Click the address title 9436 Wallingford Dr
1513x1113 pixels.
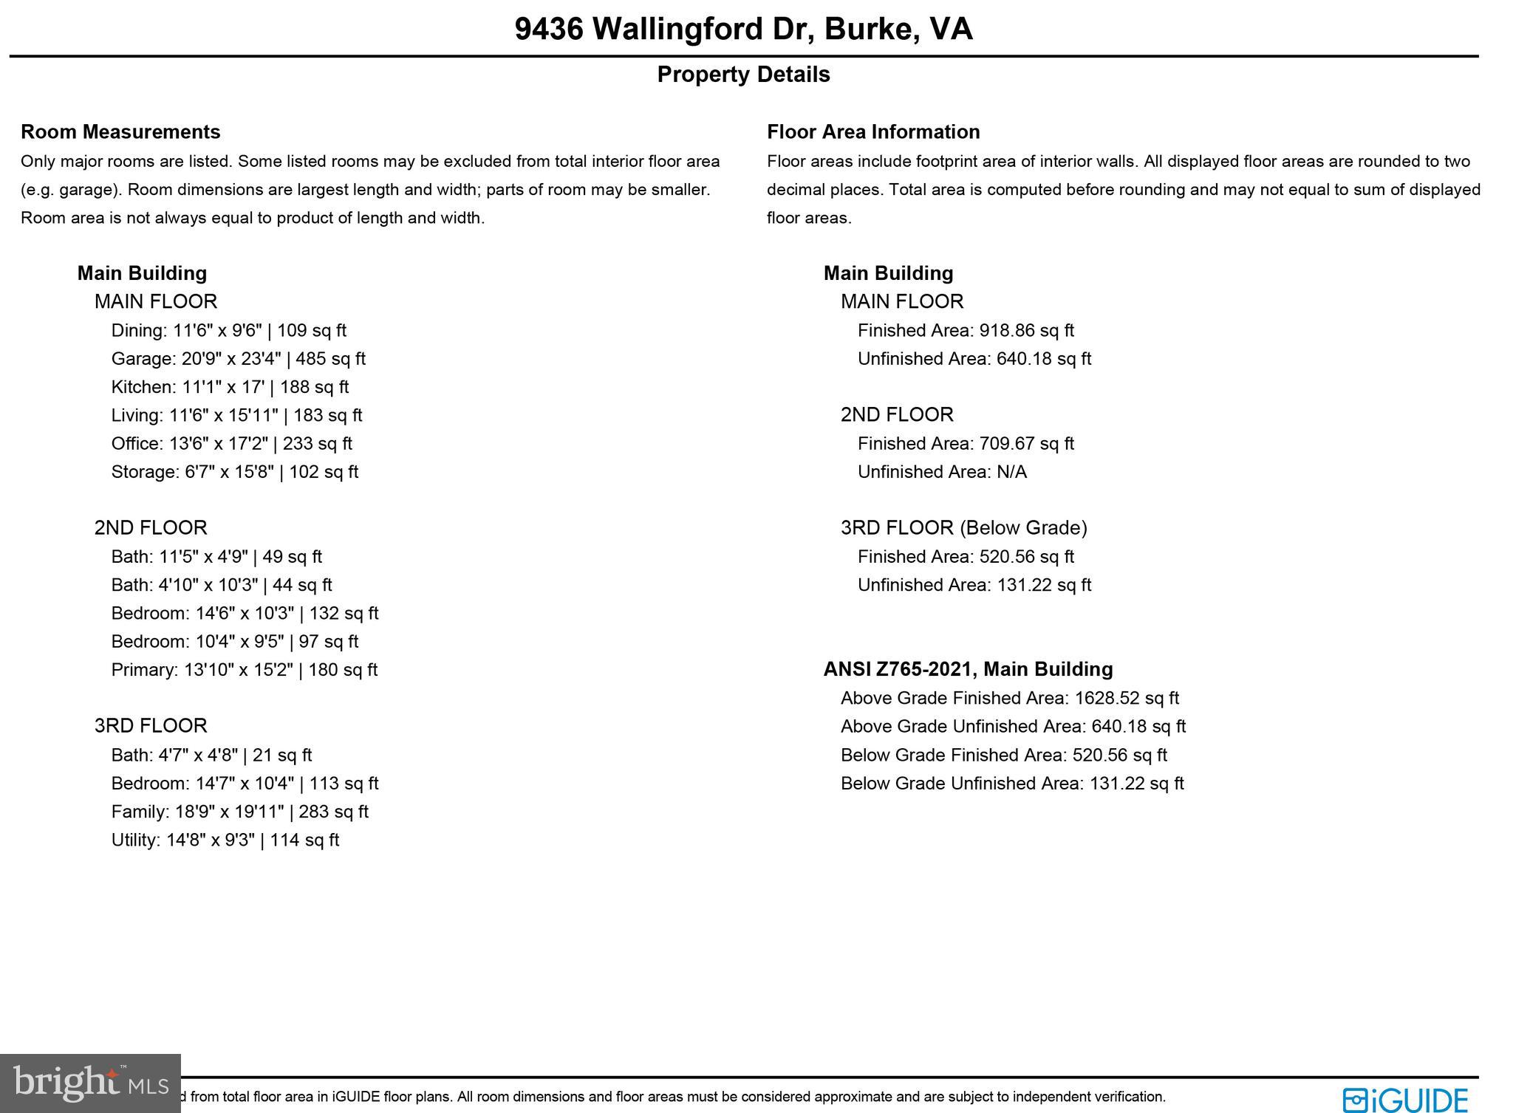[x=743, y=30]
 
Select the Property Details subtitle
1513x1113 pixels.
[x=743, y=75]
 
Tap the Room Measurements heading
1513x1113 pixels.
[x=120, y=131]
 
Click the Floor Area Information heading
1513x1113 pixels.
[x=873, y=131]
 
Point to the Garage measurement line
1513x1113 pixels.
[x=238, y=359]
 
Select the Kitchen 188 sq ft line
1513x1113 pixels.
[x=230, y=387]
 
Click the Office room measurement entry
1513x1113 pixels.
[x=231, y=444]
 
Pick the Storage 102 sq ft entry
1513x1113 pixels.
[x=234, y=472]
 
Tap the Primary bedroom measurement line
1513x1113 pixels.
[x=244, y=670]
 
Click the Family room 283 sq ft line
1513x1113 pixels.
[x=239, y=812]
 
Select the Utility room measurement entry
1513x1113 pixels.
[x=225, y=840]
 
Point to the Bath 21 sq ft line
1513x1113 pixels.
[x=211, y=755]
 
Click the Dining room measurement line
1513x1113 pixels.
[x=228, y=331]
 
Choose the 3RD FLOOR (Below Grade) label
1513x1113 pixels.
[x=963, y=528]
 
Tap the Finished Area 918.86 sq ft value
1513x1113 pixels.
[x=966, y=331]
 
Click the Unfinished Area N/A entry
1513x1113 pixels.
[x=942, y=472]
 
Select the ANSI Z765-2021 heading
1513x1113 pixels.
[x=968, y=669]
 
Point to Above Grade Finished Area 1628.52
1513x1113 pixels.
[x=1009, y=698]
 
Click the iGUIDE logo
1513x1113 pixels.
[x=1405, y=1100]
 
